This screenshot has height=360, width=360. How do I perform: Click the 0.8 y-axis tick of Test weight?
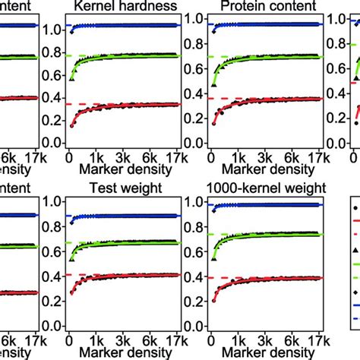[55, 233]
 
